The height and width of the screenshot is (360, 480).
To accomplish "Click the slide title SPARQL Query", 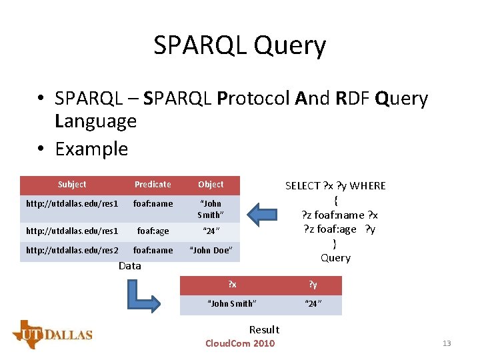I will (239, 45).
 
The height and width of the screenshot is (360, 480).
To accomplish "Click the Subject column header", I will (72, 185).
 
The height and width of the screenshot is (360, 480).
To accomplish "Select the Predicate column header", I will (153, 185).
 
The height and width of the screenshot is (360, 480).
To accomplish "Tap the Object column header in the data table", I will (211, 185).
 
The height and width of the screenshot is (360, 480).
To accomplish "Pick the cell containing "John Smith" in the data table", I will (211, 209).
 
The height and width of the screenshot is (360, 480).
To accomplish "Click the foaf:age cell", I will (153, 231).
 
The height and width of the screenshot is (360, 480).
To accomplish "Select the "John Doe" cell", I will (211, 250).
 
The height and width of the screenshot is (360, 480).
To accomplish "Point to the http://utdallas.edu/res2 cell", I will (72, 250).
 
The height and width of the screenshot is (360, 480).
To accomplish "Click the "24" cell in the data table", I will (211, 231).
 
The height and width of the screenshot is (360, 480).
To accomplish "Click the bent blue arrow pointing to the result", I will (144, 294).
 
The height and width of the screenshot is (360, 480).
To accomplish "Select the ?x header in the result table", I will (232, 285).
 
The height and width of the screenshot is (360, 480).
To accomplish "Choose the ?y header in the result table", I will (313, 285).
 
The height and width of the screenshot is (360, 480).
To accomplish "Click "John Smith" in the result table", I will (232, 304).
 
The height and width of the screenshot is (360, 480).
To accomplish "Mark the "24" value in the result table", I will (313, 304).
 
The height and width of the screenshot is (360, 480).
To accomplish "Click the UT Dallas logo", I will (52, 333).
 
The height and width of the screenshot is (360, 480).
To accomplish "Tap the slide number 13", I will (447, 343).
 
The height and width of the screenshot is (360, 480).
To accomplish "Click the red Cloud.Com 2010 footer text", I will (240, 343).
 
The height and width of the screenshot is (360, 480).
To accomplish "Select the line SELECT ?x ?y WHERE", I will (335, 186).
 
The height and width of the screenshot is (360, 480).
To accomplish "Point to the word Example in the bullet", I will (91, 149).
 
